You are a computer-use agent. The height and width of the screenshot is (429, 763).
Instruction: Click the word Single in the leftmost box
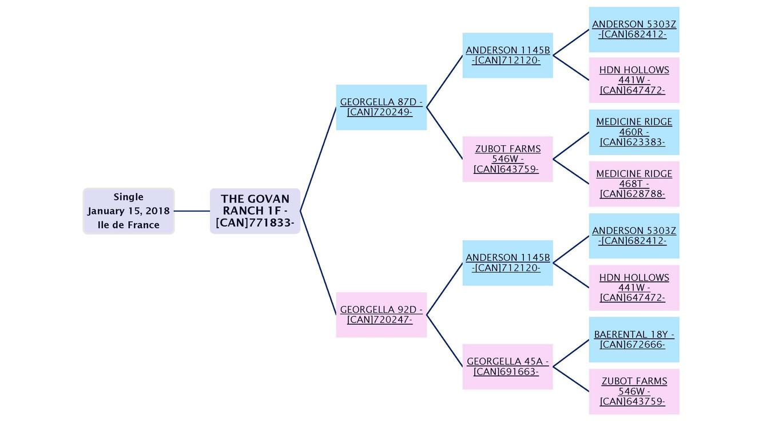click(128, 197)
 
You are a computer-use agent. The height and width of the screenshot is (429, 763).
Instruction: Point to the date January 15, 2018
click(128, 211)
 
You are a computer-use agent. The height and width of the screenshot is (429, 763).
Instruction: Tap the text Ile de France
click(128, 225)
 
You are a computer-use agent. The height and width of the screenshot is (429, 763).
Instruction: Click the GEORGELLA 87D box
click(381, 107)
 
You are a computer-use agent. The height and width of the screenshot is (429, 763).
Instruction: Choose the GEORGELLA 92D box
click(381, 315)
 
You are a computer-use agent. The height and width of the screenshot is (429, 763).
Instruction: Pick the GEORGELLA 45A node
click(507, 367)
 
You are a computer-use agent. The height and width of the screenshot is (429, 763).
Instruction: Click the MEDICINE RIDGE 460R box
click(634, 132)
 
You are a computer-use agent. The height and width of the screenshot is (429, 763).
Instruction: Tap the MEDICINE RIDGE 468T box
click(634, 184)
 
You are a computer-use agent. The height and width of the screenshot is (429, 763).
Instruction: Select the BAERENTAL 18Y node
click(634, 339)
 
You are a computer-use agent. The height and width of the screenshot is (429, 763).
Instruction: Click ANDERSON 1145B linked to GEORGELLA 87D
click(507, 55)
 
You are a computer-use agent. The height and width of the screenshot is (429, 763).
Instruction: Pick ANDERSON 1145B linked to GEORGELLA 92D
click(507, 263)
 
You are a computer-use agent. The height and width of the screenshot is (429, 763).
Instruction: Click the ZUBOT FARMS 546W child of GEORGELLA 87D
click(507, 159)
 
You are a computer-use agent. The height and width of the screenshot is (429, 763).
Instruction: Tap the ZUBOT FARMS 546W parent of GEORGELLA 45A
click(634, 391)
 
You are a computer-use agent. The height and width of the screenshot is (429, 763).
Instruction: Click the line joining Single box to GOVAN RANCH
click(192, 211)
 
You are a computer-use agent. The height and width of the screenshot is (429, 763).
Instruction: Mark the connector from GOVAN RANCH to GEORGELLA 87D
click(318, 159)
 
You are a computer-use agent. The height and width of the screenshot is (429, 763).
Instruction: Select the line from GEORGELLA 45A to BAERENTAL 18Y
click(571, 353)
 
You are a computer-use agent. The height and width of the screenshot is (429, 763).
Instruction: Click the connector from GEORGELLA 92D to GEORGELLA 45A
click(444, 341)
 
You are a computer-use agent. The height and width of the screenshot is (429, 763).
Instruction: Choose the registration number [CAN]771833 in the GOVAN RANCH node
click(255, 223)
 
